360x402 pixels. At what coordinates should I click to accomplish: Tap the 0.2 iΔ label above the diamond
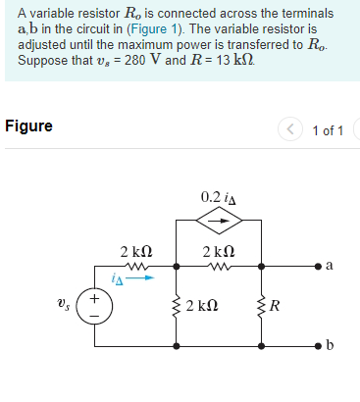click(x=218, y=196)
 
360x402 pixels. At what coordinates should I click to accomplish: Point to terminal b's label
click(x=329, y=346)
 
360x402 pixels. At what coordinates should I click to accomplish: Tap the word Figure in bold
click(x=28, y=126)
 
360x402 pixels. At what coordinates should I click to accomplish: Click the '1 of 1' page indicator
click(x=327, y=130)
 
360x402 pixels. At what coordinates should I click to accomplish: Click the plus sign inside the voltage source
click(x=95, y=295)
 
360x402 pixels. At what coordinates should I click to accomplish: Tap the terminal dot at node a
click(x=313, y=265)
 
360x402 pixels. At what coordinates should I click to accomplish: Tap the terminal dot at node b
click(x=313, y=346)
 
